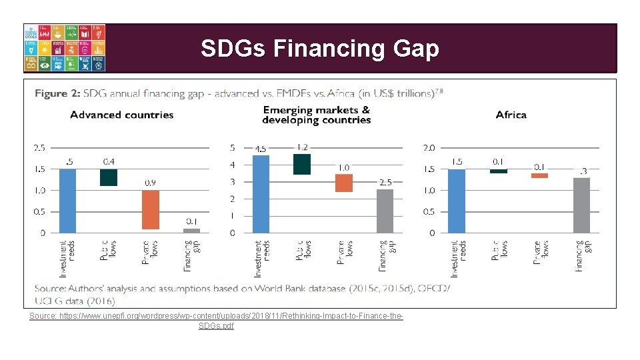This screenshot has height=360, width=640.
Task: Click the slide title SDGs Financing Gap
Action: (320, 49)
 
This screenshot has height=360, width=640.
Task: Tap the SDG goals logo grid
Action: (65, 48)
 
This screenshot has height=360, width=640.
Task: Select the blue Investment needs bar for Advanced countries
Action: (67, 201)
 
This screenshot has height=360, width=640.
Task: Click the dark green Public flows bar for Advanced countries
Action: (109, 177)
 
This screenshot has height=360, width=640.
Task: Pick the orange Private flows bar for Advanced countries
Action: (151, 210)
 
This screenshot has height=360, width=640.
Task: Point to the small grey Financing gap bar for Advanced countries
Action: (191, 231)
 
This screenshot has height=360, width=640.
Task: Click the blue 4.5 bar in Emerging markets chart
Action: (261, 194)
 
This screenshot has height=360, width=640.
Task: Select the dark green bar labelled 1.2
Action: (302, 164)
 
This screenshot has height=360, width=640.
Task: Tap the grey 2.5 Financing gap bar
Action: (385, 211)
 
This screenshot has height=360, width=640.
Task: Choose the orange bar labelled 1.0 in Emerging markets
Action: (344, 183)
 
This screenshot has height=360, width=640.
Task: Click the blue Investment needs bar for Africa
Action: (457, 201)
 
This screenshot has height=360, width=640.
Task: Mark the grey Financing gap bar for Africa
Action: (581, 205)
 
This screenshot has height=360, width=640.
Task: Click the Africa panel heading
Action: (511, 115)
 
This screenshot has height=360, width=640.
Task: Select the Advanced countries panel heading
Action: (122, 115)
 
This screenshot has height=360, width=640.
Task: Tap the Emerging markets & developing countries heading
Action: (317, 115)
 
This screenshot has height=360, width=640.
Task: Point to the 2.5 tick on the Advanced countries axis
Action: (39, 147)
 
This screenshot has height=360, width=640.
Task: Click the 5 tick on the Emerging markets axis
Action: (232, 147)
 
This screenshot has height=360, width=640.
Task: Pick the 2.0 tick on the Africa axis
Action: (428, 147)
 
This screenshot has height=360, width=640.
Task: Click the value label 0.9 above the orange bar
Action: (151, 183)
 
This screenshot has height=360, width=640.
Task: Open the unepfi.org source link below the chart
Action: (217, 320)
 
